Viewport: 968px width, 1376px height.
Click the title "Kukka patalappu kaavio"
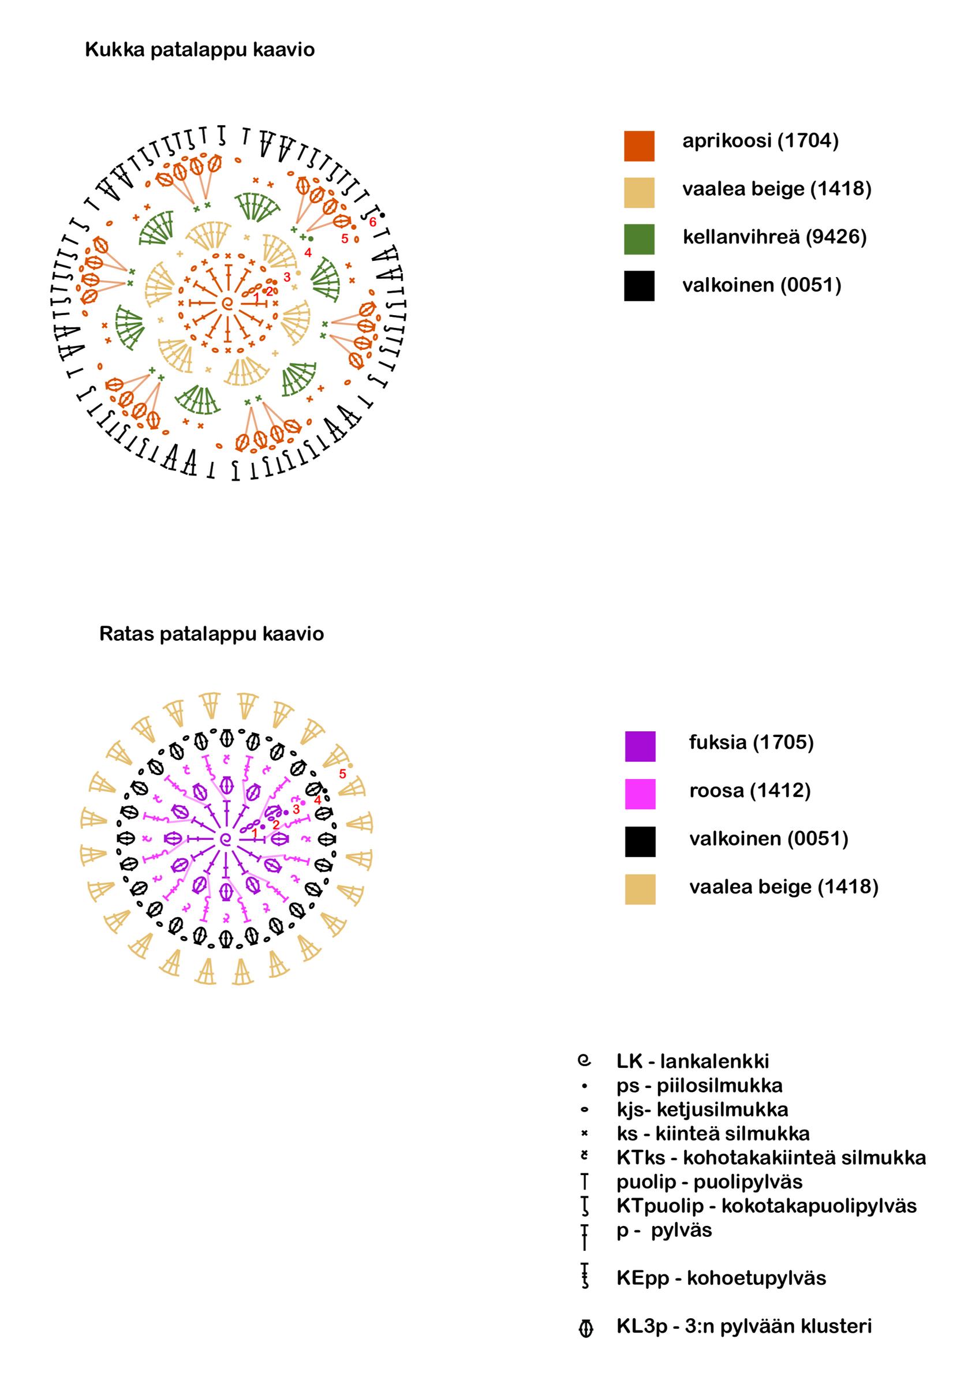click(x=200, y=49)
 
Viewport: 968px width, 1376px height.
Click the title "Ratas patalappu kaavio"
click(x=211, y=634)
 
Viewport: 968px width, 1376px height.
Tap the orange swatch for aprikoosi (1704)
click(x=639, y=145)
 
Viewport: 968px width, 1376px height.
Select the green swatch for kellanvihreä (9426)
click(x=639, y=238)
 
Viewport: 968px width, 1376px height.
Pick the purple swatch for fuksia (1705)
click(x=640, y=746)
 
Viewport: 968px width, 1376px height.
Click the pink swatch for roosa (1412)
click(x=640, y=794)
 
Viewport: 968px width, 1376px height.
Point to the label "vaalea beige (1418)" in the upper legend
click(x=776, y=189)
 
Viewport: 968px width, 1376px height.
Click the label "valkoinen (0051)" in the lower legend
click(x=768, y=838)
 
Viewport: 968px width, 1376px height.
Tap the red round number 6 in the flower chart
click(x=372, y=222)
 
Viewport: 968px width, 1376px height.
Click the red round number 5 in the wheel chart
click(x=342, y=773)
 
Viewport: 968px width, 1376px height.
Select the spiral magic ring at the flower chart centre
click(x=227, y=303)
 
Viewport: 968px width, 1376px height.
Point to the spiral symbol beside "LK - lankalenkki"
click(x=584, y=1061)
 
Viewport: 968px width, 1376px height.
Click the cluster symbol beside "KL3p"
click(x=586, y=1329)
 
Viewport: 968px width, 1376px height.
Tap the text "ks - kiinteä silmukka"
click(x=713, y=1133)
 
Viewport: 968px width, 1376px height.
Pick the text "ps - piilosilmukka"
click(x=699, y=1085)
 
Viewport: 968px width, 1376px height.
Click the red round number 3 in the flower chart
click(x=286, y=278)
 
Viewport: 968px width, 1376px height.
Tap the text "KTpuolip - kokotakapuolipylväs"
click(x=766, y=1206)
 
